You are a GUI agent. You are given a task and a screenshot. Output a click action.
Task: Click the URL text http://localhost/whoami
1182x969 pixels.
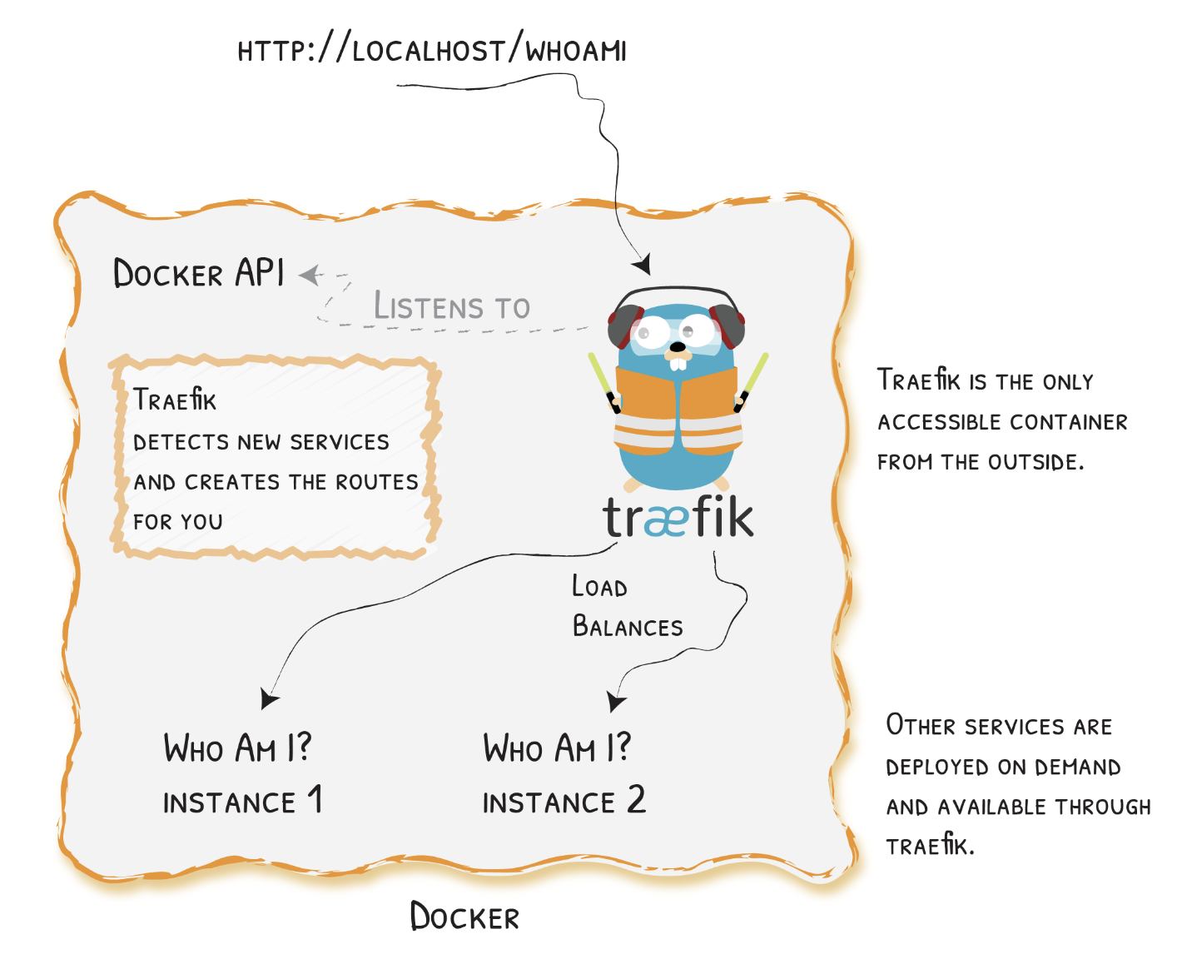coord(431,51)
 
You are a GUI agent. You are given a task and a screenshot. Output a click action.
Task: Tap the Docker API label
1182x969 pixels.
coord(199,273)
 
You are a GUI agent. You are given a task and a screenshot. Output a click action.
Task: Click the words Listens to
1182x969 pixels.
coord(451,307)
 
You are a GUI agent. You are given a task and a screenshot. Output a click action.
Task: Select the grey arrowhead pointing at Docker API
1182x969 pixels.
coord(310,274)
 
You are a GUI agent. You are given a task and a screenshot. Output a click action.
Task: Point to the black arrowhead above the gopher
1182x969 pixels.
coord(642,265)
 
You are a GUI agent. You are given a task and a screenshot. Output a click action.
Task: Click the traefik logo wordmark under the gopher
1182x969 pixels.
coord(678,517)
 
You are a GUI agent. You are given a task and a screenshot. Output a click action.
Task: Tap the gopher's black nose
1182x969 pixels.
coord(678,346)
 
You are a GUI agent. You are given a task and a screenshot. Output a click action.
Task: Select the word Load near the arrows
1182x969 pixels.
coord(599,587)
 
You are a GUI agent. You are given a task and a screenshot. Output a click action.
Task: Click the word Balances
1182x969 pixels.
coord(628,626)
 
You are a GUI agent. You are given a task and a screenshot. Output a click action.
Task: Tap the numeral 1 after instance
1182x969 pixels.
coord(315,800)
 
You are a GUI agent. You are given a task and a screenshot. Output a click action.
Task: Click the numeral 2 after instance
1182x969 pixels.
coord(636,800)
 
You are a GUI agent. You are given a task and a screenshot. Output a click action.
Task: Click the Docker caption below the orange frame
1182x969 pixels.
coord(464,917)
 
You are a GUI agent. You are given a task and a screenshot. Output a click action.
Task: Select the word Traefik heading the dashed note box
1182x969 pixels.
coord(175,400)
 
